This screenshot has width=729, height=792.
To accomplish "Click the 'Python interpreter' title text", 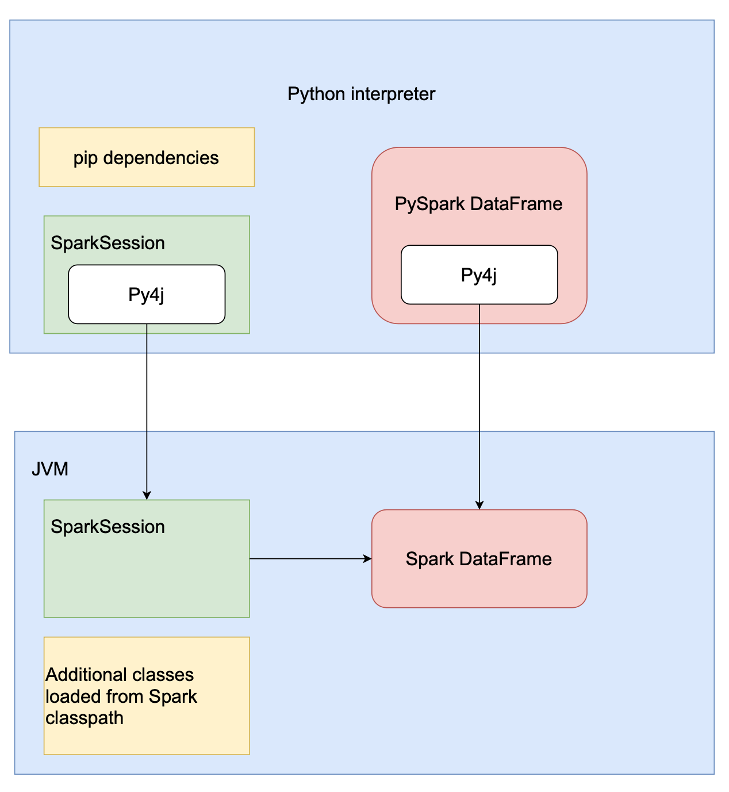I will (x=361, y=94).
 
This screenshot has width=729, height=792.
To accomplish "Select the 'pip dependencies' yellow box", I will (x=146, y=157).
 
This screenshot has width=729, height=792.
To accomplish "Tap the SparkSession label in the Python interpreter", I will (x=108, y=243).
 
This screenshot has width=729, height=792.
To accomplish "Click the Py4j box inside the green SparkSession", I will (x=147, y=294).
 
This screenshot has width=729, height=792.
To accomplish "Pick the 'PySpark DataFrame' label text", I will (x=478, y=204).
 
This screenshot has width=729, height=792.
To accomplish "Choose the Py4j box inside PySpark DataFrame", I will (x=479, y=275).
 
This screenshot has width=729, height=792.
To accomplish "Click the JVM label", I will (x=50, y=469).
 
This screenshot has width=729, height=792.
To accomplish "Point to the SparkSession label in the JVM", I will (x=108, y=527).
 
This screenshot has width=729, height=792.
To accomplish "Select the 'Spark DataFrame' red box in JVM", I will (x=479, y=558).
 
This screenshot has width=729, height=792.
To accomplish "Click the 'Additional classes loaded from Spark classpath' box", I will (x=147, y=695).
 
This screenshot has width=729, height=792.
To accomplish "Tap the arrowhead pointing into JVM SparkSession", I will (x=147, y=496).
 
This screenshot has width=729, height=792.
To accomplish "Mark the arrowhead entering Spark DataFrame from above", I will (x=479, y=505).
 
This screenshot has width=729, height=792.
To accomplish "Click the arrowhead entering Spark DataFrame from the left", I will (x=367, y=558).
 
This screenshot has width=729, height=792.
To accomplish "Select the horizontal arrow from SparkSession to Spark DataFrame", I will (x=310, y=558).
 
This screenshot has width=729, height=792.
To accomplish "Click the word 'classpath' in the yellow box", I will (x=85, y=718).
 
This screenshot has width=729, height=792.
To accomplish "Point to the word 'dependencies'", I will (x=161, y=158).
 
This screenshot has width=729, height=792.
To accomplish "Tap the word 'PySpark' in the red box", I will (x=429, y=204).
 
